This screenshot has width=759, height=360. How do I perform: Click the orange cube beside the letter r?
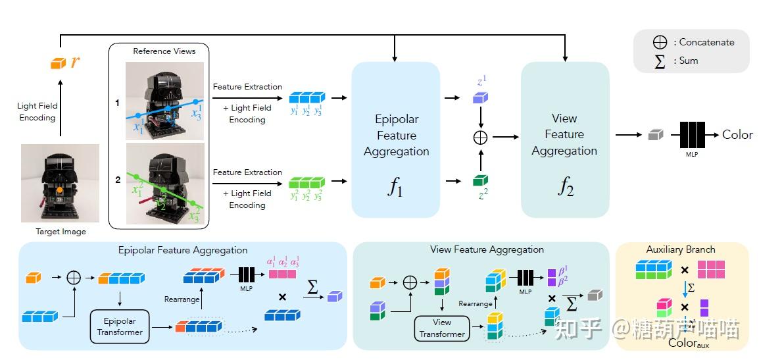click(x=59, y=63)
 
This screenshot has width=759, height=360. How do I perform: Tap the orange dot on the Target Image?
click(x=59, y=190)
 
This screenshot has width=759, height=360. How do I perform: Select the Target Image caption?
click(x=61, y=232)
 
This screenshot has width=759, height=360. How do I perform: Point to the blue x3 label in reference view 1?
click(x=197, y=114)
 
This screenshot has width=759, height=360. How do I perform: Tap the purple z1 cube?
click(x=481, y=97)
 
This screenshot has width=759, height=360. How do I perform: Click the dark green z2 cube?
click(x=481, y=180)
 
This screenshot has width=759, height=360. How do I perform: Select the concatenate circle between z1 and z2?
click(x=481, y=138)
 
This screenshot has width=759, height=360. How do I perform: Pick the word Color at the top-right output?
click(x=737, y=134)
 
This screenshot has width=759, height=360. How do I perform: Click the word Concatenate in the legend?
click(x=706, y=42)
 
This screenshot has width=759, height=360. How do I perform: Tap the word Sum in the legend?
click(x=689, y=61)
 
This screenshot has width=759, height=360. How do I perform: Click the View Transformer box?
click(x=442, y=328)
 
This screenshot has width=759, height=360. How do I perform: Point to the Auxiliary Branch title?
click(x=681, y=249)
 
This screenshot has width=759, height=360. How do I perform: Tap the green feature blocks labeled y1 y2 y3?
click(x=307, y=179)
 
